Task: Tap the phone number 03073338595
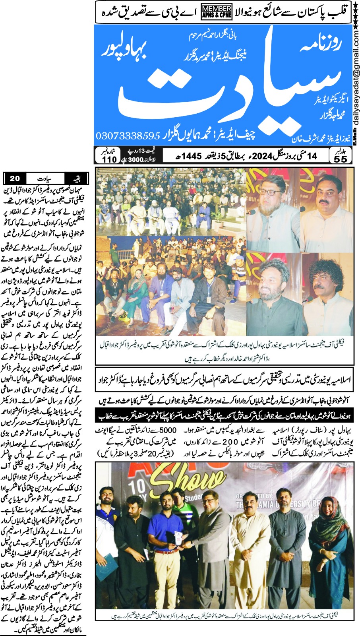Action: [128, 136]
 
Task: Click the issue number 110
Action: [109, 159]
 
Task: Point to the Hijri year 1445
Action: [193, 155]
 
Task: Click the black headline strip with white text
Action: [224, 416]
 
